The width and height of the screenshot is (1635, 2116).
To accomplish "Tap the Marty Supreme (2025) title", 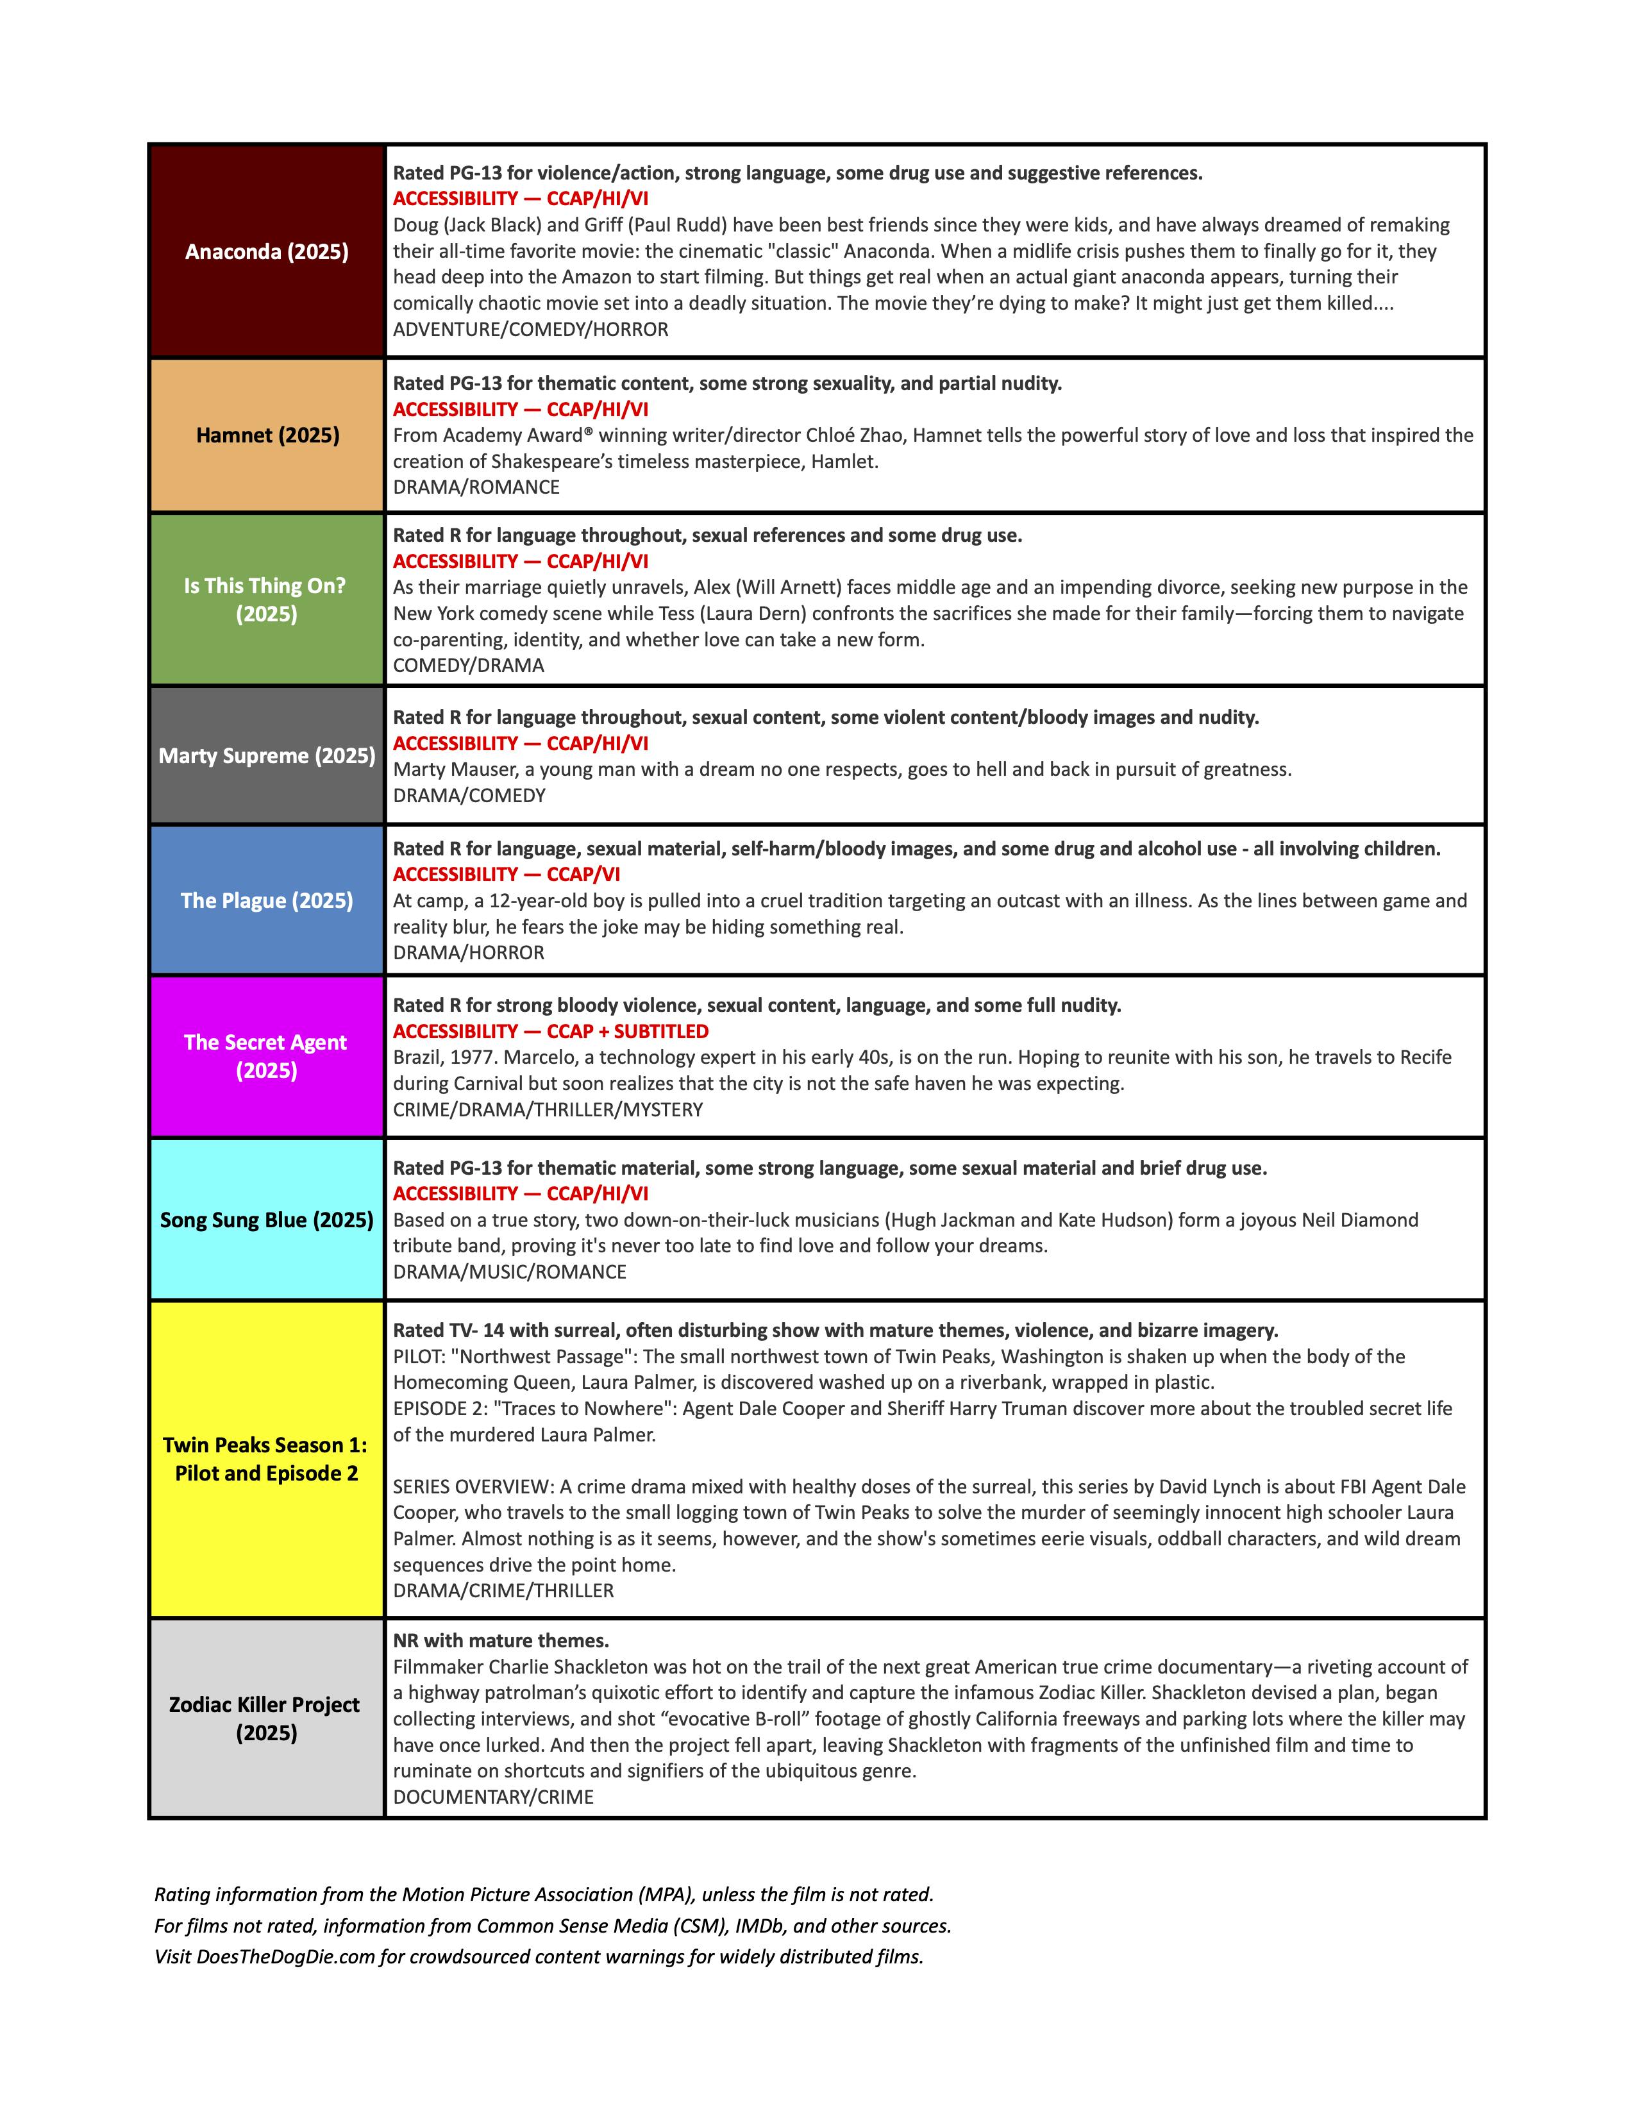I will (x=266, y=756).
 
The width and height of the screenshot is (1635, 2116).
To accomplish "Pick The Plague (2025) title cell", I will (x=266, y=900).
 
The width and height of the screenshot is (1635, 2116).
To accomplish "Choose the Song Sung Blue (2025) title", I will (x=266, y=1220).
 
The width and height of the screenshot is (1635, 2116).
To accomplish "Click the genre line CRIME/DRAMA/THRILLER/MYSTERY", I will (x=548, y=1109).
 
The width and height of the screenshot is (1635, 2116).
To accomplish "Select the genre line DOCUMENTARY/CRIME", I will (x=493, y=1796).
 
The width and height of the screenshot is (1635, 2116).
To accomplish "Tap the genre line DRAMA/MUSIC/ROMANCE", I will (x=510, y=1271).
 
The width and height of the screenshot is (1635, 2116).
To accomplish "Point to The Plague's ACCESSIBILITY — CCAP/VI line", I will (x=506, y=874).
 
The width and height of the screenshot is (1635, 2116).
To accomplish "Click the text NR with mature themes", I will (x=500, y=1640).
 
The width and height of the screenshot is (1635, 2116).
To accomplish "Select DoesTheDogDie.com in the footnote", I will (x=286, y=1956).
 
